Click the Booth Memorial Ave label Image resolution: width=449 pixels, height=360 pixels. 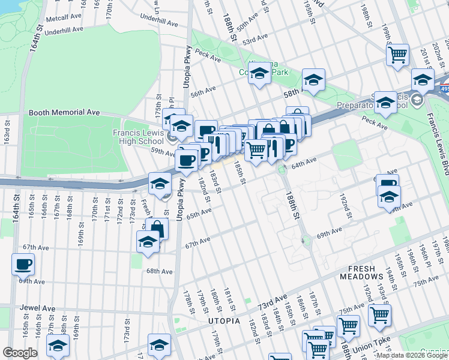64,112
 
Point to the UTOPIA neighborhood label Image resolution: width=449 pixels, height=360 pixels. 224,321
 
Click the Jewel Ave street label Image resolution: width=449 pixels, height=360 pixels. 37,308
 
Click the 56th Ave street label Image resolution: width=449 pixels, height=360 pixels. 202,91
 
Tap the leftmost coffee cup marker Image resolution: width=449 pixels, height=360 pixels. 23,263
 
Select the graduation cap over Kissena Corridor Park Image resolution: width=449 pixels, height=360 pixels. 259,75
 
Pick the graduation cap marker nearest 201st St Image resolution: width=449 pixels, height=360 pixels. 423,79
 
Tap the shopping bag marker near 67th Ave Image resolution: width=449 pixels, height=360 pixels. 157,229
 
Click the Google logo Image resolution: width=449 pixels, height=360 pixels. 20,353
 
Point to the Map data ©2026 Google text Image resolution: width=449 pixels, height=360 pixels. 412,356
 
